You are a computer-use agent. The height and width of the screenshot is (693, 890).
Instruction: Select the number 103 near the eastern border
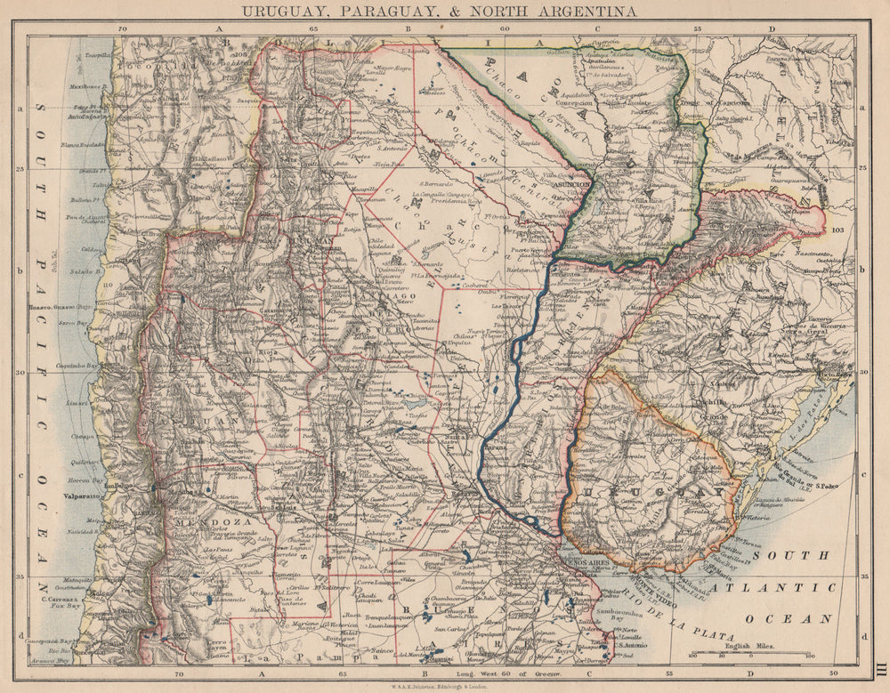coord(836,230)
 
